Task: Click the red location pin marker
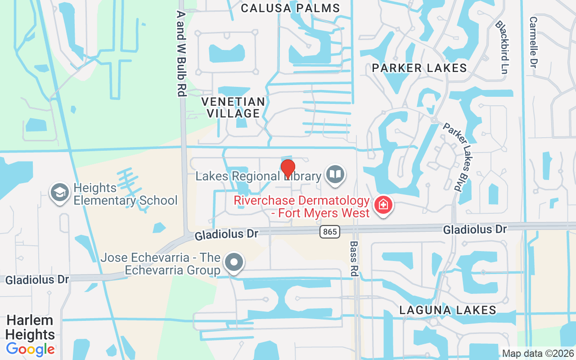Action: [x=288, y=169]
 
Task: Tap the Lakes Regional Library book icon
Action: [x=334, y=175]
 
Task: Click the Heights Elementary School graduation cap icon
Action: [x=59, y=193]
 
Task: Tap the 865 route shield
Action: [x=330, y=232]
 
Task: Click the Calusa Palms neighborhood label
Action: [x=290, y=8]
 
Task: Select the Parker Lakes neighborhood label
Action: [x=419, y=68]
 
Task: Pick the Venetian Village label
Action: [x=233, y=107]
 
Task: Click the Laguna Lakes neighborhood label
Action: [x=448, y=310]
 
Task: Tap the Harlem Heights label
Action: [x=30, y=327]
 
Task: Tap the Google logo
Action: [x=30, y=349]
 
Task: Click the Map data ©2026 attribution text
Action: [x=538, y=353]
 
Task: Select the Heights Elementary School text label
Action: [x=126, y=194]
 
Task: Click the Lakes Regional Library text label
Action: [x=258, y=176]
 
